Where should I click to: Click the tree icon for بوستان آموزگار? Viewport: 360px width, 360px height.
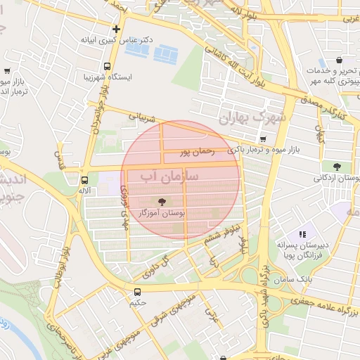[163, 201]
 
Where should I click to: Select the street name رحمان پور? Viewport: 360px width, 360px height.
[196, 150]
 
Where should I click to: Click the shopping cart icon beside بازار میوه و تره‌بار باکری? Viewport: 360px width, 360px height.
[262, 139]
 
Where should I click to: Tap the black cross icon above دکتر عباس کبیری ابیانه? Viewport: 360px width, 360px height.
[117, 29]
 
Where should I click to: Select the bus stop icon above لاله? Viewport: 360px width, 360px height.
[84, 179]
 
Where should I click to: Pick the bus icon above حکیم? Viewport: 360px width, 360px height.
[138, 291]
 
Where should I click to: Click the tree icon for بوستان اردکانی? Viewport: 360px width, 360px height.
[337, 167]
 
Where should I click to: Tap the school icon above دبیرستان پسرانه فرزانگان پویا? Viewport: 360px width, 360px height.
[303, 234]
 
